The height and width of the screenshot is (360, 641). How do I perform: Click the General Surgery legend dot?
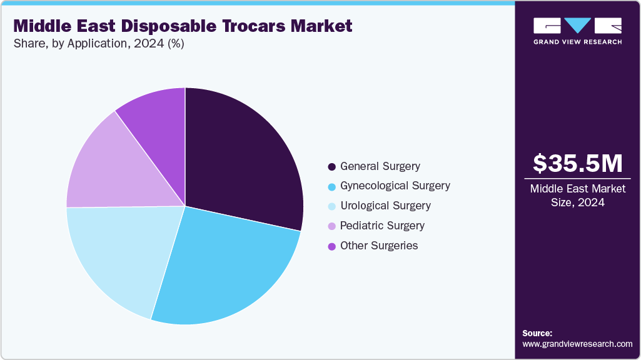[x=331, y=167]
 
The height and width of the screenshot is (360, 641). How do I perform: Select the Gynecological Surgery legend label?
[x=395, y=186]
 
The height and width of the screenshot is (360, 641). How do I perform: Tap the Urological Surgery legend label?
[x=385, y=206]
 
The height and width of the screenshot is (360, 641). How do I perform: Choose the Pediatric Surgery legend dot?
[x=331, y=226]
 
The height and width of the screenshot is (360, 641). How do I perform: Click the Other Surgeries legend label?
[x=378, y=246]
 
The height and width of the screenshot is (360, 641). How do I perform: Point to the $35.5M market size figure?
[x=577, y=163]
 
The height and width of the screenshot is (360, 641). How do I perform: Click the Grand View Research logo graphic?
[x=577, y=26]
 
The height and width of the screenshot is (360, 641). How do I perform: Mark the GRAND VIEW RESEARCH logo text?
[x=577, y=42]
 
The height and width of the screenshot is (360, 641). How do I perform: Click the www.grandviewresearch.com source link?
[x=577, y=344]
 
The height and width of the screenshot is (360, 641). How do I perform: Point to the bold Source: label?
[x=537, y=333]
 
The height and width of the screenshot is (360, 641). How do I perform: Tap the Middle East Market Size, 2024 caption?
[x=577, y=196]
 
